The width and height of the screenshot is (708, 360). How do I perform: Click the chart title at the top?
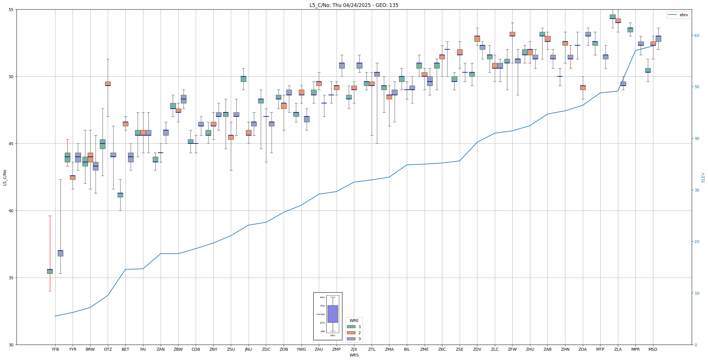[x=354, y=5]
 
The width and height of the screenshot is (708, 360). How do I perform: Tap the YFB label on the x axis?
[x=55, y=349]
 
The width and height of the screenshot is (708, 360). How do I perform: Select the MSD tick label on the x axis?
[x=653, y=349]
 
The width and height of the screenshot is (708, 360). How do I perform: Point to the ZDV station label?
[x=477, y=349]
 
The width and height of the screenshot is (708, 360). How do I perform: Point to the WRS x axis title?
[x=354, y=355]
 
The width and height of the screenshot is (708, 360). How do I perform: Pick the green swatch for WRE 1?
[x=351, y=327]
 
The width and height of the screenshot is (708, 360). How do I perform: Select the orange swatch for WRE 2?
[x=351, y=333]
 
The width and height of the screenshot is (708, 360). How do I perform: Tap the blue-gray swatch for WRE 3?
[x=351, y=339]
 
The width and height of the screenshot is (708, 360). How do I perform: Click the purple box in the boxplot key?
[x=333, y=314]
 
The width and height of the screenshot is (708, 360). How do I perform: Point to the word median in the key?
[x=321, y=314]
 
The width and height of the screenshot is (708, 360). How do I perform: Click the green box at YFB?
[x=50, y=271]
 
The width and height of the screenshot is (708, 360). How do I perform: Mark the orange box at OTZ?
[x=108, y=84]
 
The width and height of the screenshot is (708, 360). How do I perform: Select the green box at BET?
[x=120, y=195]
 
